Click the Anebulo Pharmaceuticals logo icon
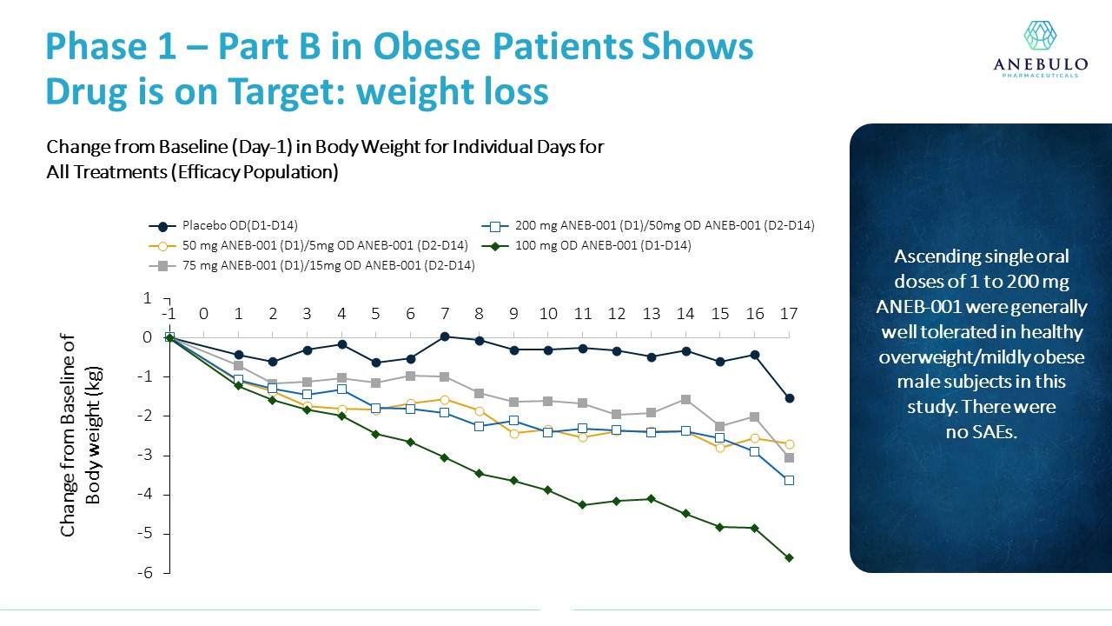point(1039,37)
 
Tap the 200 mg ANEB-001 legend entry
point(652,226)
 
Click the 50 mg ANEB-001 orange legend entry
point(313,246)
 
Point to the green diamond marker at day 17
point(789,557)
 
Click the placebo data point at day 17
point(789,398)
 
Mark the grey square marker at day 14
point(685,399)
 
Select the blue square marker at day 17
point(789,480)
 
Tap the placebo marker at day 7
point(444,336)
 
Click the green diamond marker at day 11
point(582,504)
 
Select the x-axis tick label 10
point(547,314)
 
